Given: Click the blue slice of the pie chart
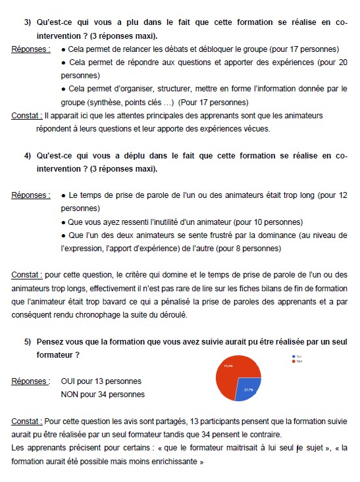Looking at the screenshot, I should point(248,389).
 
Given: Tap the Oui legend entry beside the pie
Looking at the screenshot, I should point(297,356).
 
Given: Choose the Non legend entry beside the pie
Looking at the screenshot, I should point(298,361).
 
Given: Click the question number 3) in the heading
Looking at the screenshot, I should point(28,22).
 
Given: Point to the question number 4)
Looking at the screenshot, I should point(28,156).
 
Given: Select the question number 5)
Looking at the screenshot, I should point(28,343).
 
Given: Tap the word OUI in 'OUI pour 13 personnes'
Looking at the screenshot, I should point(68,381).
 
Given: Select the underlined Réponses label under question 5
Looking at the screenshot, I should point(30,381).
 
